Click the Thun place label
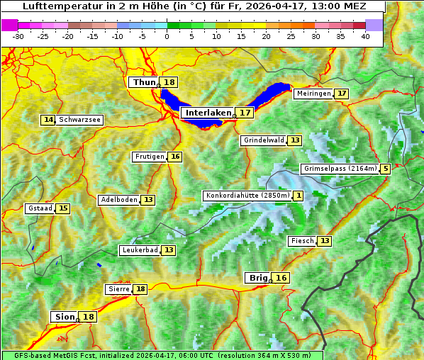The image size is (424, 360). click(144, 83)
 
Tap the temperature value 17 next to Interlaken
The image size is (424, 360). click(245, 113)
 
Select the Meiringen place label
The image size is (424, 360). click(313, 94)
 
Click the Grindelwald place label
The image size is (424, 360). click(263, 140)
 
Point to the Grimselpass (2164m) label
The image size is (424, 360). click(340, 169)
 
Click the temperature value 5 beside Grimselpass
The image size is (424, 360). click(385, 169)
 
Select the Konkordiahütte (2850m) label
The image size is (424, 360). click(247, 196)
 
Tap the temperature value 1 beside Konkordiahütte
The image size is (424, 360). click(299, 196)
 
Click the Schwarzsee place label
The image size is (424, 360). click(79, 120)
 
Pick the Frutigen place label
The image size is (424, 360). click(150, 157)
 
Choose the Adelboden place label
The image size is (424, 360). click(118, 200)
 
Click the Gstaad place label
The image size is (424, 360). click(40, 208)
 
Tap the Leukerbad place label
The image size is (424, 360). click(139, 250)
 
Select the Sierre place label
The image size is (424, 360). click(118, 289)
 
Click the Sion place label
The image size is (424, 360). click(64, 317)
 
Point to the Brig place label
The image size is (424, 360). click(257, 278)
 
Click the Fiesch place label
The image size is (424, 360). click(302, 241)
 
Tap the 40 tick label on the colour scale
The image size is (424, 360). click(365, 36)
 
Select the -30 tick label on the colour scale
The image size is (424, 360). click(18, 36)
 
